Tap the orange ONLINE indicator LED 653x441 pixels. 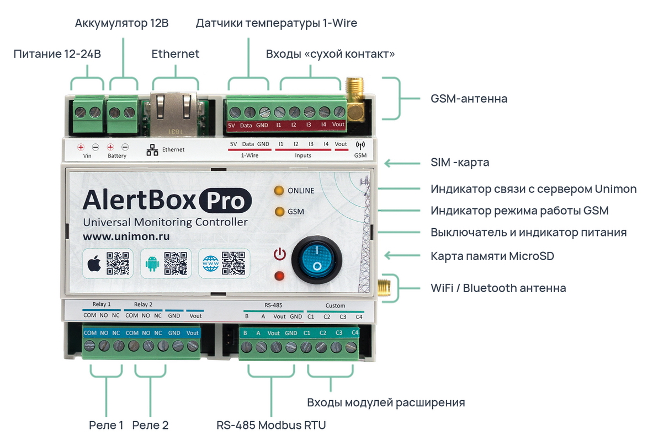click(279, 191)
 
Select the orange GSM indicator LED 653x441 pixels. click(280, 211)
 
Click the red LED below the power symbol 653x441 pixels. click(279, 276)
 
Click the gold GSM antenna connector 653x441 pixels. click(355, 99)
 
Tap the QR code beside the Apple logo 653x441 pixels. click(118, 263)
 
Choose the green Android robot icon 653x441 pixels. click(152, 263)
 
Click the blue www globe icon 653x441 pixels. click(211, 263)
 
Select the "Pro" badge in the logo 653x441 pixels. click(225, 201)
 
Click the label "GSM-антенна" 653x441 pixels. click(469, 99)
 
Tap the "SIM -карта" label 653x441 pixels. click(460, 162)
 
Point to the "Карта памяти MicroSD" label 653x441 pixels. click(492, 256)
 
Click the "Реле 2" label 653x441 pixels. click(150, 425)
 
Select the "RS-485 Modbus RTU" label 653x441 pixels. click(271, 425)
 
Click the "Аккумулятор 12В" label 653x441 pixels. click(121, 23)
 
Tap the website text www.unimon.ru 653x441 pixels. click(126, 236)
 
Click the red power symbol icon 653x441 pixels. click(279, 254)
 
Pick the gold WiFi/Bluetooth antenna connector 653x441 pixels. click(384, 287)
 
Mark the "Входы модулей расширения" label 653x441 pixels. click(386, 402)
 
